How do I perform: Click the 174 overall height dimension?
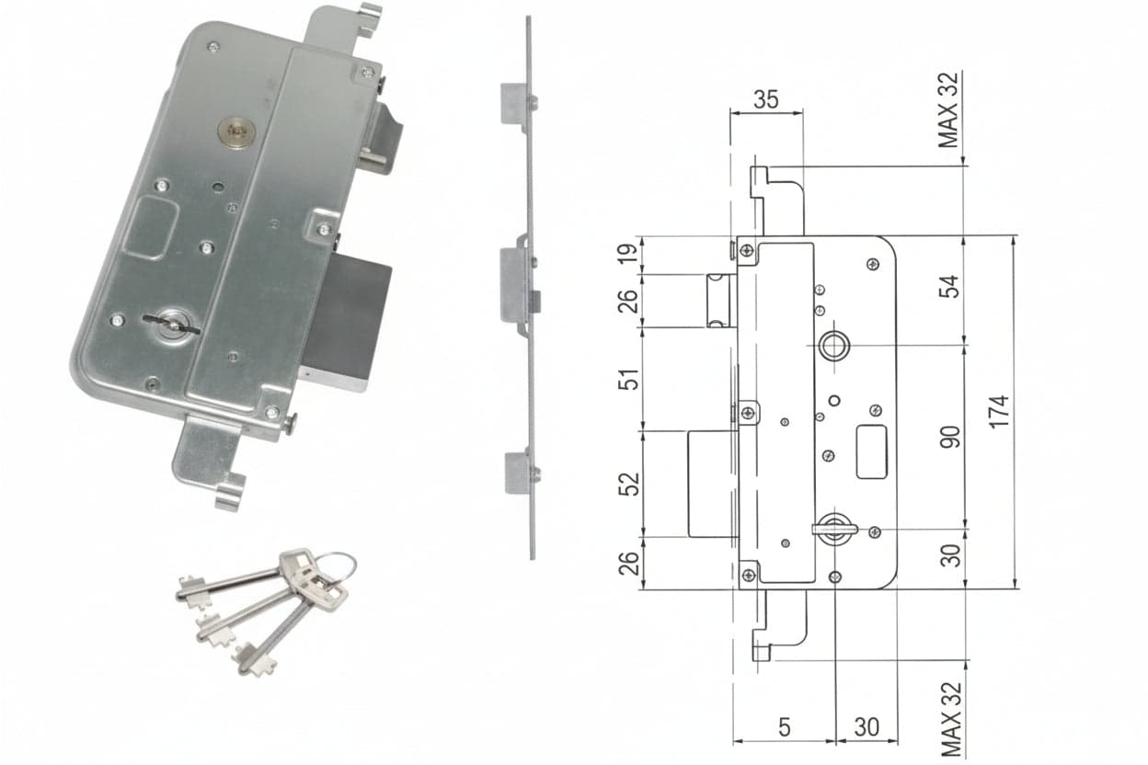coord(999,411)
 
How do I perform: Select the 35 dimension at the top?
coord(766,99)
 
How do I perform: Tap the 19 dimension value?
coord(628,252)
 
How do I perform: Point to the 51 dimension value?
coord(628,379)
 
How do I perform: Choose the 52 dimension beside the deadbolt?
coord(629,484)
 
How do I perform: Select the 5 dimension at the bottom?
coord(784,727)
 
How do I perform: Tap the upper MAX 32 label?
coord(948,110)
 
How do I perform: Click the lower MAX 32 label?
coord(951,719)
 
